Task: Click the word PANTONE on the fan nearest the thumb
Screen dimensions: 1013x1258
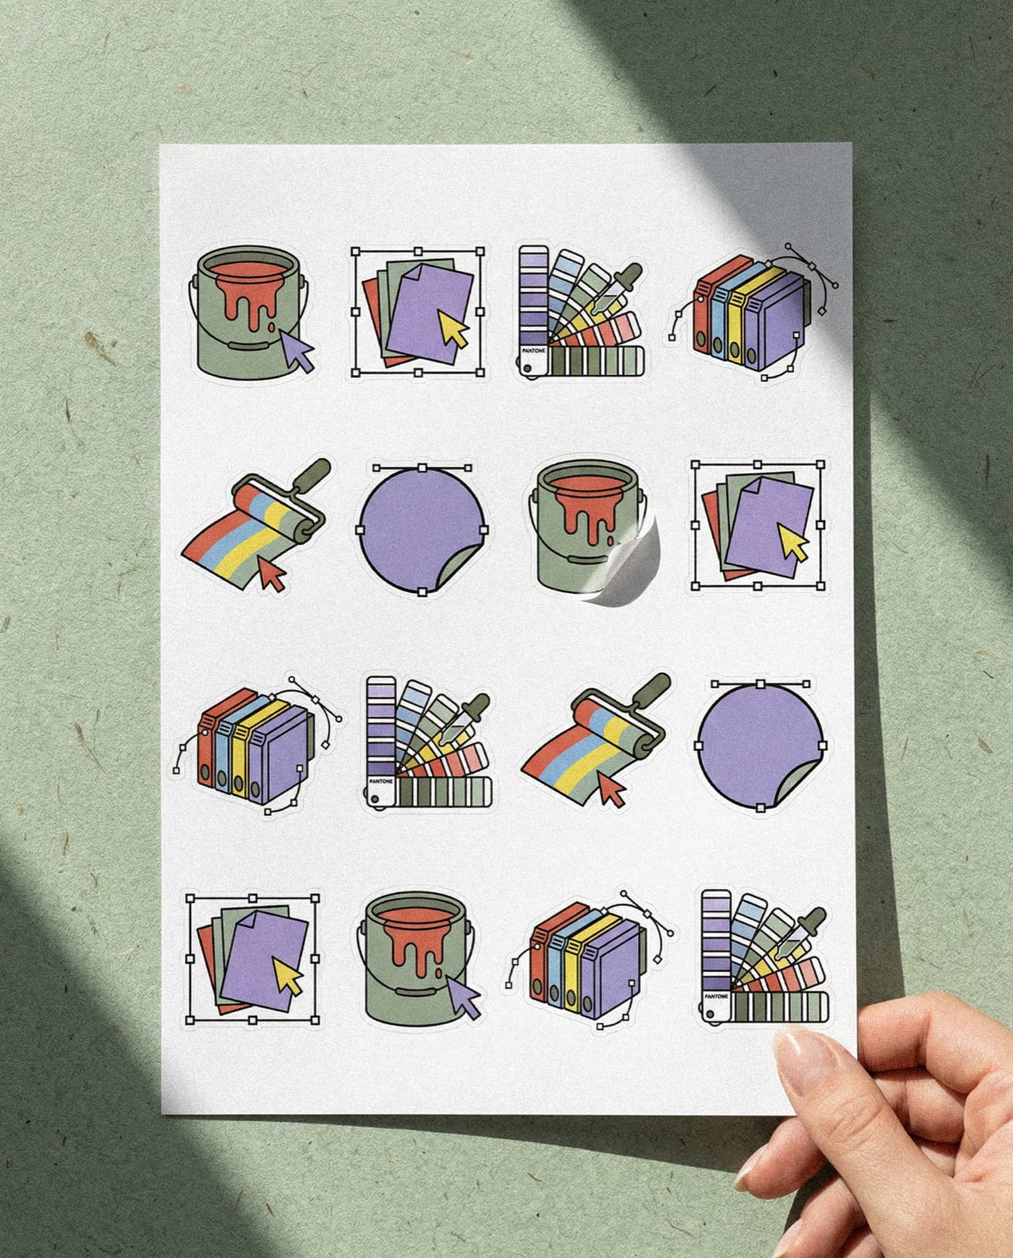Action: click(716, 997)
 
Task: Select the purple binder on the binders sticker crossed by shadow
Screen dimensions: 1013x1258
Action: click(777, 322)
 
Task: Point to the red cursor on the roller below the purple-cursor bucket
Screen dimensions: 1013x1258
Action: click(272, 574)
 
